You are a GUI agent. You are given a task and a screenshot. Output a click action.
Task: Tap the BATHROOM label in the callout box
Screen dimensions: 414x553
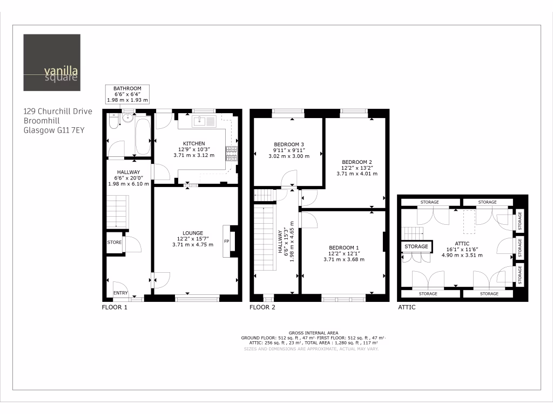tap(127, 88)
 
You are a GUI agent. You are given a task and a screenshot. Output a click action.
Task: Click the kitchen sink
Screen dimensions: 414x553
tap(204, 121)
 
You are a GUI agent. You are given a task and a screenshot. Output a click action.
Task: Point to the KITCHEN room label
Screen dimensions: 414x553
tap(193, 143)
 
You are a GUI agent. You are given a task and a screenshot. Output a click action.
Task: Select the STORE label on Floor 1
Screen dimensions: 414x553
tap(114, 243)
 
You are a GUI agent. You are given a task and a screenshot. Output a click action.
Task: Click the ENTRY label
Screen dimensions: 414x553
tap(120, 293)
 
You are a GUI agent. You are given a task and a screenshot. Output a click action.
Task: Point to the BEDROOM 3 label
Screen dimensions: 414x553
tap(288, 144)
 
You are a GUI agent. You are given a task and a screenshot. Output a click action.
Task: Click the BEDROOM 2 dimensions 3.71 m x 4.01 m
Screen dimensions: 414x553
tap(357, 174)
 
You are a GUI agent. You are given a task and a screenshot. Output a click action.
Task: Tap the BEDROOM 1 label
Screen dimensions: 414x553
tap(344, 248)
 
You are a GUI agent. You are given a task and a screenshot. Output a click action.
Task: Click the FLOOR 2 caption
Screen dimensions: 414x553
tap(262, 308)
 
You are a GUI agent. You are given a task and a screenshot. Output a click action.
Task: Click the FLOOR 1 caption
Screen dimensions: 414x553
tap(114, 308)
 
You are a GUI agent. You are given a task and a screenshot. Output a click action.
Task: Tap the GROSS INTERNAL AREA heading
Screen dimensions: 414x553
tap(309, 333)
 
